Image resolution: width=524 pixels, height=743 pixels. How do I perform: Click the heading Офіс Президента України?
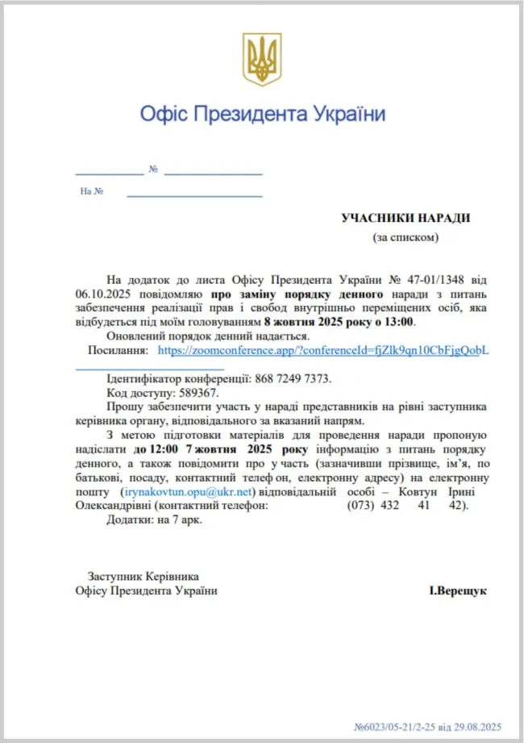point(262,113)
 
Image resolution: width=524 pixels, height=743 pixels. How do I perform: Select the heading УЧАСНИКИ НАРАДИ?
point(405,219)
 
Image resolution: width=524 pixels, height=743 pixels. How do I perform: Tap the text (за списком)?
point(405,237)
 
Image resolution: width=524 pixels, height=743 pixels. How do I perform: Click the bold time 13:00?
point(398,322)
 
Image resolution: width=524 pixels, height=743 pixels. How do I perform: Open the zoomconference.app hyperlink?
point(322,351)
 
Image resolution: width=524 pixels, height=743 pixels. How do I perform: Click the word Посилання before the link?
point(118,351)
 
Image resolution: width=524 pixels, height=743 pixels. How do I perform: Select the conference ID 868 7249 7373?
point(293,378)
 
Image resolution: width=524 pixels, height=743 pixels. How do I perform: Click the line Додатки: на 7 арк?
point(154,520)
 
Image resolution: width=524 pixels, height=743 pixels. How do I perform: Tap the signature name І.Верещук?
point(457,591)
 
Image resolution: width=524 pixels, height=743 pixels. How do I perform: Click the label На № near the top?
point(91,192)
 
